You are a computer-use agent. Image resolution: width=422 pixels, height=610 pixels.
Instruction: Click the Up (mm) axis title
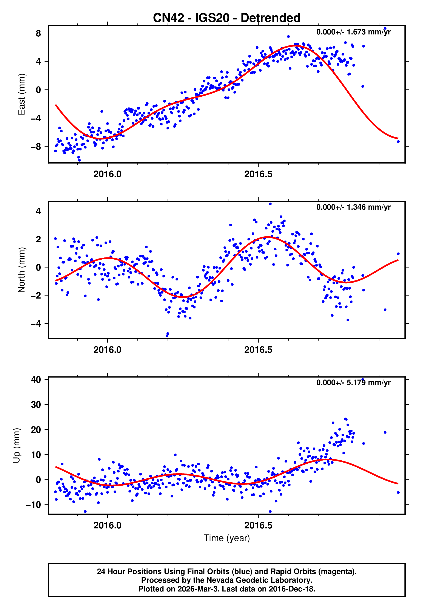[16, 446]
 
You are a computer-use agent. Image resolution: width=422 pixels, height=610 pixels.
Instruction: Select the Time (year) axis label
[227, 538]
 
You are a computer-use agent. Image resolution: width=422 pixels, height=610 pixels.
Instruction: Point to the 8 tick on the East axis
[39, 33]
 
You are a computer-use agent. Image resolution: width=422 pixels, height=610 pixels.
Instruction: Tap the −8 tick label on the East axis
[36, 147]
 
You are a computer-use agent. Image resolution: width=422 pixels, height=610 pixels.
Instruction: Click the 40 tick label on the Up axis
[36, 380]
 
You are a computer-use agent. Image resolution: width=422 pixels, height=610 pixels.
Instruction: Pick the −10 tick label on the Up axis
[33, 505]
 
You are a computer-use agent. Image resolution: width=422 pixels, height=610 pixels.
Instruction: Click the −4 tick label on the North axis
[36, 324]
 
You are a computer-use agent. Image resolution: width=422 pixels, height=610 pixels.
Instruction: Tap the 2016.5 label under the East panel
[258, 174]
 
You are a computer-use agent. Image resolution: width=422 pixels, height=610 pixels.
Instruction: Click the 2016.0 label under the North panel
[107, 350]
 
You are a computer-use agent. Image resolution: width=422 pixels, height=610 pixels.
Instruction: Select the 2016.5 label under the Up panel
[258, 525]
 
